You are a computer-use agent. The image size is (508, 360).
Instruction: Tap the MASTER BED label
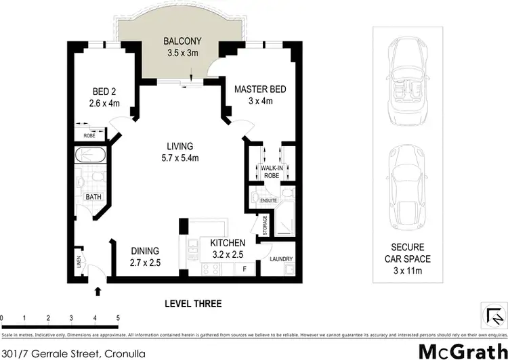tap(260, 89)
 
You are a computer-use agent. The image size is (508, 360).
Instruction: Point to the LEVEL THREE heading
tap(193, 304)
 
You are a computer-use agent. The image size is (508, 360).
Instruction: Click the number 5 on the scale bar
tap(118, 317)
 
